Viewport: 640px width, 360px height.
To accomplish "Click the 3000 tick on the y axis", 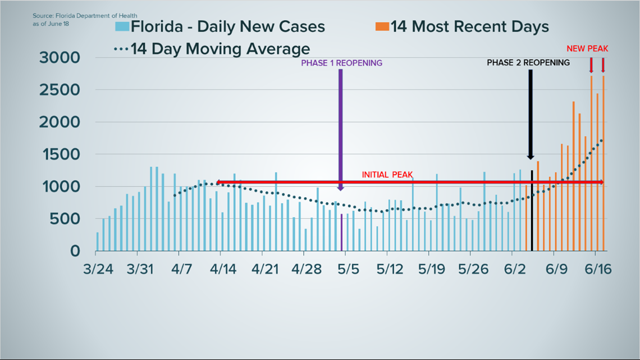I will click(60, 57).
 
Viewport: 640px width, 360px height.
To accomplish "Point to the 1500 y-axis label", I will click(60, 154).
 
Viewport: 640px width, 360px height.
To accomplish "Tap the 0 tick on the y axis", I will click(74, 251).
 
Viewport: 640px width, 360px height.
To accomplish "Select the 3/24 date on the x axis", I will click(98, 269).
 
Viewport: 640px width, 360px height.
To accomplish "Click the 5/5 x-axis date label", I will click(348, 269).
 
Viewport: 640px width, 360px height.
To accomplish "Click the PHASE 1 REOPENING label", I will click(341, 63).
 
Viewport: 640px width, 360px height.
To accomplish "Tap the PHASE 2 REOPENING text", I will click(528, 62).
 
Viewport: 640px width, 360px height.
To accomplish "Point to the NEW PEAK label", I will click(587, 49).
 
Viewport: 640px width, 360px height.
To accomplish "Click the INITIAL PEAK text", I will click(387, 175).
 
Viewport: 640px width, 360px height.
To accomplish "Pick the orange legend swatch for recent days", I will click(382, 26).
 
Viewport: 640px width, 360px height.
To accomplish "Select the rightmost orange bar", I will click(604, 163).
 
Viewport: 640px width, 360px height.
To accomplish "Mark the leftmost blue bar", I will click(97, 241).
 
